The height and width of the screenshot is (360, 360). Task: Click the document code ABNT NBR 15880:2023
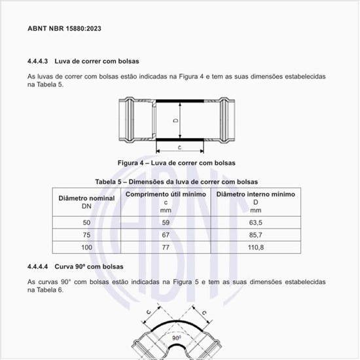[x=64, y=29]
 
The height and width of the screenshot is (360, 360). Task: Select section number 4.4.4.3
[x=40, y=61]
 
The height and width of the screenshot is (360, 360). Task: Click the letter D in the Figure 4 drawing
[x=175, y=121]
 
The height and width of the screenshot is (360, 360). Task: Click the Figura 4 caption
[x=177, y=162]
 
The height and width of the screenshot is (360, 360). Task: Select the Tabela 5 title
[x=177, y=181]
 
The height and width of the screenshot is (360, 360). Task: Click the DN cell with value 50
[x=86, y=223]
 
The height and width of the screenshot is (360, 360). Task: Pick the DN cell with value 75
[x=86, y=235]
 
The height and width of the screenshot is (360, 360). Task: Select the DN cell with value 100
[x=86, y=247]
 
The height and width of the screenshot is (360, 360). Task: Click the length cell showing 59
[x=166, y=223]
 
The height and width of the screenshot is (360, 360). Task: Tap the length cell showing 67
[x=166, y=235]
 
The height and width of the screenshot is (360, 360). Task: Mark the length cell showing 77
[x=166, y=247]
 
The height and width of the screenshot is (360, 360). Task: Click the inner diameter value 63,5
[x=255, y=223]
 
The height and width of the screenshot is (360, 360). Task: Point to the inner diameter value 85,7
[x=255, y=235]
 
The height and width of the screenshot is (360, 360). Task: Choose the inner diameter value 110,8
[x=255, y=247]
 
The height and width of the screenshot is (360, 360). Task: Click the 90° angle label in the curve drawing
[x=177, y=338]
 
